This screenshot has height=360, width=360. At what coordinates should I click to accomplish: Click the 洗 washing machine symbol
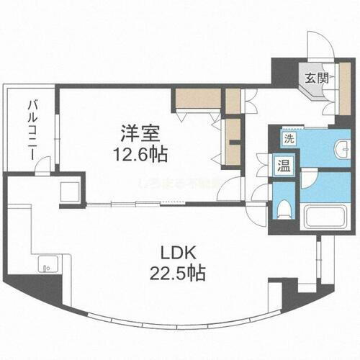point(288,138)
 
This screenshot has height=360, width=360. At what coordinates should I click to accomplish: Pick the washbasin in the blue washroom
point(341,149)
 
